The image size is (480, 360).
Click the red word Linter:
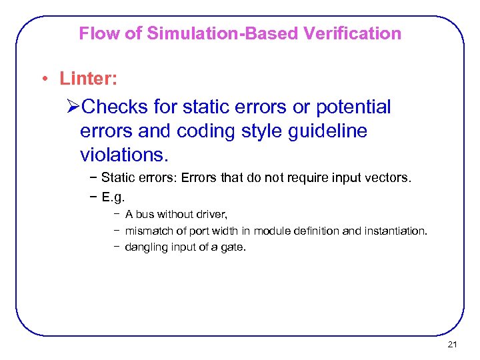(89, 79)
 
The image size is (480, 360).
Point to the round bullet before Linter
(44, 80)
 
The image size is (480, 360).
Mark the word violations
(125, 155)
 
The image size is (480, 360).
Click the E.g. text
(113, 197)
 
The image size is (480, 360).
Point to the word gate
(235, 247)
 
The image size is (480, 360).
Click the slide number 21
(453, 345)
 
